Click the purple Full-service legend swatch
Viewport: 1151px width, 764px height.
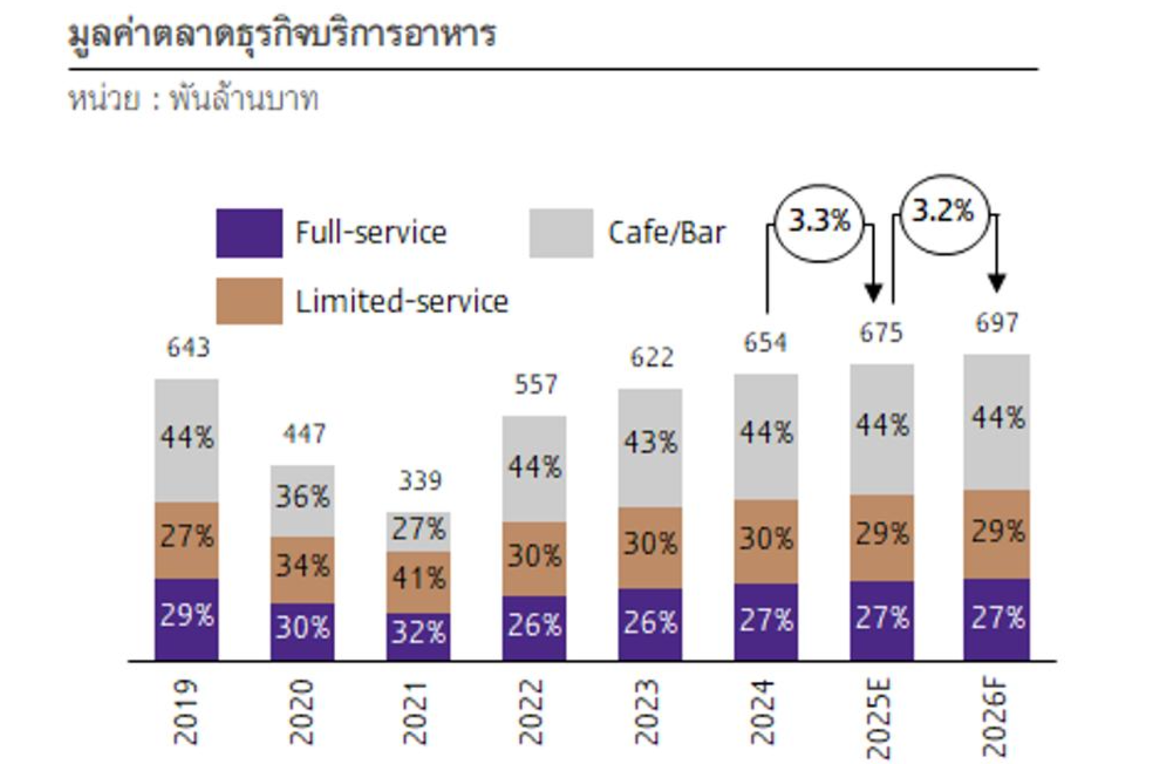point(249,233)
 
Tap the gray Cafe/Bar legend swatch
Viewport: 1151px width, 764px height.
point(561,233)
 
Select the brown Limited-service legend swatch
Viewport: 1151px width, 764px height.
point(249,301)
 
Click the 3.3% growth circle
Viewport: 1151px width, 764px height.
point(819,222)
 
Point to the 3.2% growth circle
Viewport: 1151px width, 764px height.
point(943,212)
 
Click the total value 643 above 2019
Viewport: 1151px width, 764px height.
point(188,348)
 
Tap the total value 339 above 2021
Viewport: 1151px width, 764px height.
point(420,481)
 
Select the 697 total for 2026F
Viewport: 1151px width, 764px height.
point(997,322)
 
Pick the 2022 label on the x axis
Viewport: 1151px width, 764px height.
point(531,712)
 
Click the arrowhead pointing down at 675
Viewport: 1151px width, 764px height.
point(873,292)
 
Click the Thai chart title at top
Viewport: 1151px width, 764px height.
point(282,34)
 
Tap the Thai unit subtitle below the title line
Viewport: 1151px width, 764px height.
point(194,99)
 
